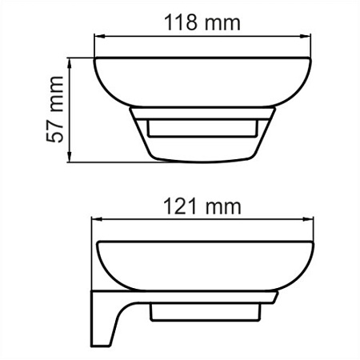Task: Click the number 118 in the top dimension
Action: [179, 22]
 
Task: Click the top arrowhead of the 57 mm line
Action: [72, 62]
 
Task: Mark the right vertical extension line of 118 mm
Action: [310, 48]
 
